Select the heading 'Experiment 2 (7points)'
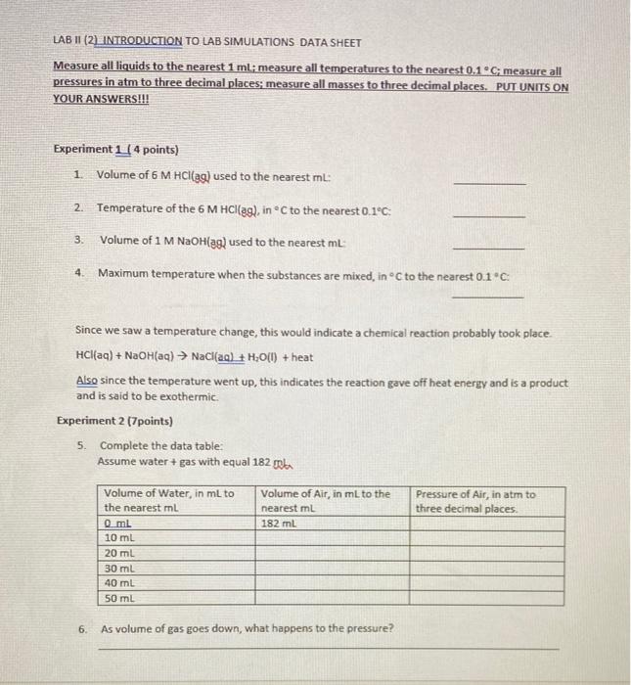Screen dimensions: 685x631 [x=114, y=421]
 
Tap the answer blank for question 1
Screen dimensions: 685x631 [x=489, y=183]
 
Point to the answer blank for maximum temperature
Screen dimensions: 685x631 [x=489, y=296]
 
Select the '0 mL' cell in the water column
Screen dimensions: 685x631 [x=118, y=524]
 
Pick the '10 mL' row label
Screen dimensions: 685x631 [x=118, y=538]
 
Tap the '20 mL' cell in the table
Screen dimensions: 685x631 [x=118, y=553]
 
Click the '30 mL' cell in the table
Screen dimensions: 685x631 [x=118, y=568]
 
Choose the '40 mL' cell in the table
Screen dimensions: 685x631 [x=118, y=582]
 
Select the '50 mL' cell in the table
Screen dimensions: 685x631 [x=118, y=597]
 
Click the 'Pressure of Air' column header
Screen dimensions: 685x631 [x=475, y=501]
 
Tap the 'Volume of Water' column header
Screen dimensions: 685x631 [x=168, y=501]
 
